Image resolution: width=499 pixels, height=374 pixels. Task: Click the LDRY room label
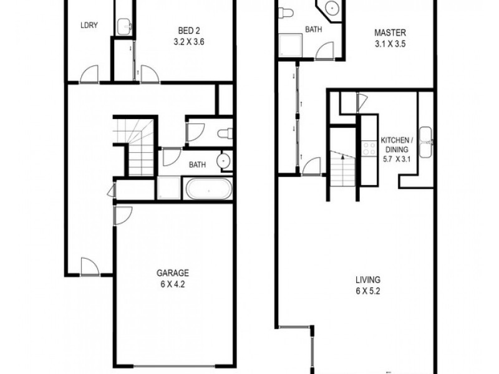click(89, 26)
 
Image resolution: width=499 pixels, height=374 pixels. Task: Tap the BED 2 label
click(189, 31)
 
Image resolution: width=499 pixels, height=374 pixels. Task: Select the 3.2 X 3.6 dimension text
click(189, 42)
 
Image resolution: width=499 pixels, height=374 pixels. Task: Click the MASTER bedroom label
click(390, 33)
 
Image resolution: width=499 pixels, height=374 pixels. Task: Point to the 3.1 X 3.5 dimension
click(390, 44)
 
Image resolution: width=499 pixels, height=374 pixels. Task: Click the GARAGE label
click(173, 273)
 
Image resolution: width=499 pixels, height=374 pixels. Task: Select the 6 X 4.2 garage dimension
click(173, 284)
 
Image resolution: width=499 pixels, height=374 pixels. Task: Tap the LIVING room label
click(368, 280)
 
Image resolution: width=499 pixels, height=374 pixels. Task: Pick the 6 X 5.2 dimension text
click(368, 291)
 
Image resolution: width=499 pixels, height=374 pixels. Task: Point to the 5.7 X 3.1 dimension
click(397, 158)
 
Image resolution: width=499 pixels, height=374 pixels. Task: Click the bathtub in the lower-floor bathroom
click(209, 189)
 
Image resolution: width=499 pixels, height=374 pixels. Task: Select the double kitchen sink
click(425, 142)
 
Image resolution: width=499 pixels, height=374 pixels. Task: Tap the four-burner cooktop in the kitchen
click(369, 148)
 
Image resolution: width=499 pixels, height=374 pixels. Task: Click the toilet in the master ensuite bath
click(286, 12)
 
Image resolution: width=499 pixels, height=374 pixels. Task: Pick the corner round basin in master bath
click(332, 7)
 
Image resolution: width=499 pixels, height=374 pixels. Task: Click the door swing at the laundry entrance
click(89, 74)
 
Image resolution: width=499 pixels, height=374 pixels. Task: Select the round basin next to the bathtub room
click(225, 161)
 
